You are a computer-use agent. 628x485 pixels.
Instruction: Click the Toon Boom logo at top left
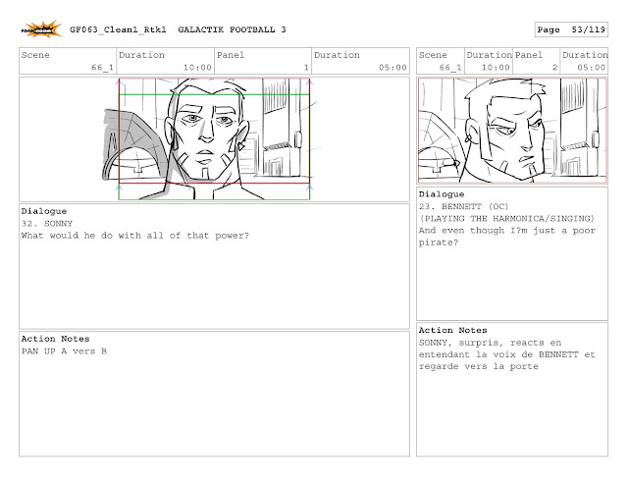coord(41,29)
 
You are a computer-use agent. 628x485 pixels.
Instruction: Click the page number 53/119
coord(589,29)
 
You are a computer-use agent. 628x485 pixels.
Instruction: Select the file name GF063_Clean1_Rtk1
coord(118,29)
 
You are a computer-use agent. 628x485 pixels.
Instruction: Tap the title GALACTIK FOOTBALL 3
coord(232,29)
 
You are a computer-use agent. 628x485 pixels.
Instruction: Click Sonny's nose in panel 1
coord(206,132)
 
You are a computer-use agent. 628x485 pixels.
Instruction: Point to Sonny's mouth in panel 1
coord(206,153)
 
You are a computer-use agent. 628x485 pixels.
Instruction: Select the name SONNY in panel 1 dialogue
coord(58,224)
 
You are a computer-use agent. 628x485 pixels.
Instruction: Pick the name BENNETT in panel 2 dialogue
coord(461,207)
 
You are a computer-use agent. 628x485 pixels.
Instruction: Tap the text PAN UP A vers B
coord(64,351)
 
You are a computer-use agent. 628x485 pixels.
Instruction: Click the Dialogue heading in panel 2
coord(442,194)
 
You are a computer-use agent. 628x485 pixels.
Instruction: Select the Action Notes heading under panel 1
coord(55,339)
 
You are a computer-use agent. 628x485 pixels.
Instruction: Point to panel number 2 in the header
coord(554,68)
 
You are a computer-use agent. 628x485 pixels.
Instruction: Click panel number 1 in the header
coord(306,68)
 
